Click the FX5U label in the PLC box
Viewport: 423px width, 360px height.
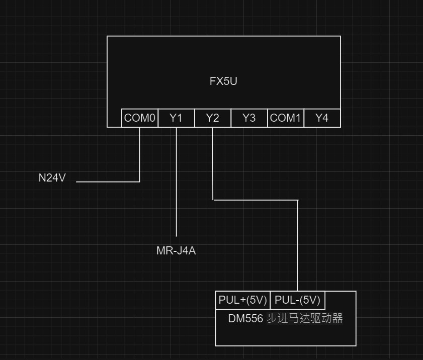click(223, 81)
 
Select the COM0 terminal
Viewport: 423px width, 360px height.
click(140, 118)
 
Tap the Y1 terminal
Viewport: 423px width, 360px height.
click(176, 118)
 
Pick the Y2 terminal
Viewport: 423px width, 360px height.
click(213, 118)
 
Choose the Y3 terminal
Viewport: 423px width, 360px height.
click(249, 118)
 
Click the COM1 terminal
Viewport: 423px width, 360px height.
click(285, 118)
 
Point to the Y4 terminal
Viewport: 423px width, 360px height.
click(322, 118)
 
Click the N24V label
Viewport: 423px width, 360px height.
click(52, 178)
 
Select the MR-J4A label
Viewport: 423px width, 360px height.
click(176, 250)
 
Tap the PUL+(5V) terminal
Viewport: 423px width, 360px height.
click(242, 300)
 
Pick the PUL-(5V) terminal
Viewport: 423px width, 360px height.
click(298, 300)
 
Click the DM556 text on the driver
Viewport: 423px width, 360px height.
click(245, 319)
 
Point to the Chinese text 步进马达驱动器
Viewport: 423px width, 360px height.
click(304, 319)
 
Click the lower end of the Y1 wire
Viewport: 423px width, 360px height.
click(177, 235)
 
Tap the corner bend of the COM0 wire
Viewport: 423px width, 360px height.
click(139, 181)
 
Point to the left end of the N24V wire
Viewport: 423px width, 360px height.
click(77, 181)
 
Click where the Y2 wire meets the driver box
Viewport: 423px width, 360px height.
click(298, 291)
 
